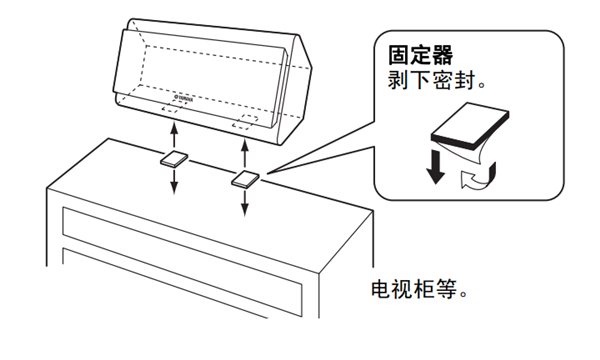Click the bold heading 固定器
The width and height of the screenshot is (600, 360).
tap(421, 55)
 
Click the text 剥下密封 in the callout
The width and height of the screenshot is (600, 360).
tap(432, 80)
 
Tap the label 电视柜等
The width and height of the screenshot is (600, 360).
tap(414, 290)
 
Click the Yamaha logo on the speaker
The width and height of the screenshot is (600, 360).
tap(184, 99)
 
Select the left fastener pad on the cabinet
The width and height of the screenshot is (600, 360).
tap(174, 159)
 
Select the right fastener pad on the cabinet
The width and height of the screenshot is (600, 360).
tap(245, 179)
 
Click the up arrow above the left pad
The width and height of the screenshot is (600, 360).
tap(174, 135)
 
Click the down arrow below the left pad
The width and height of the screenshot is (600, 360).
tap(174, 181)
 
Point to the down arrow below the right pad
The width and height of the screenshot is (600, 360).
tap(245, 202)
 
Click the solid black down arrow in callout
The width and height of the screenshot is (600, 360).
tap(435, 167)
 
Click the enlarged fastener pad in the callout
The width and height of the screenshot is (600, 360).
tap(470, 125)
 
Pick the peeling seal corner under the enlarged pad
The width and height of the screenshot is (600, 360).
tap(473, 155)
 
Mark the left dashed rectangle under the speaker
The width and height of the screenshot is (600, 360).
tap(170, 108)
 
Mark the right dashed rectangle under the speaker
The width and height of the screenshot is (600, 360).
tap(245, 122)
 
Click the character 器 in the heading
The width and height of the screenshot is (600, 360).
tap(443, 55)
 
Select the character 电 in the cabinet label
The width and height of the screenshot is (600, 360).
tap(381, 290)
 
